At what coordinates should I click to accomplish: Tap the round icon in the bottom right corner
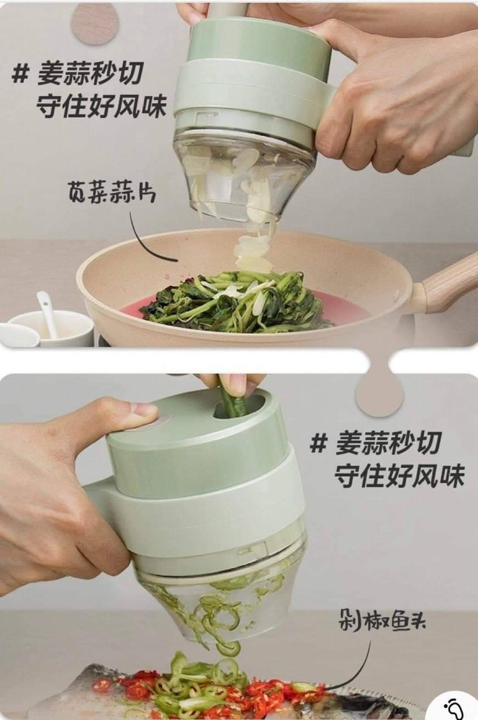(x=454, y=703)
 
